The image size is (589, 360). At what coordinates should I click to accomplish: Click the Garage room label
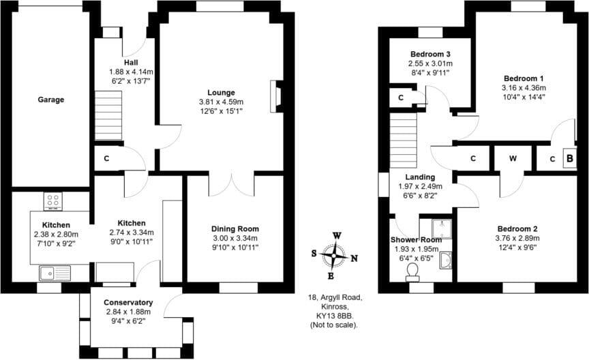[x=50, y=100]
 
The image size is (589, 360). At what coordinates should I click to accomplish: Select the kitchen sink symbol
[x=55, y=274]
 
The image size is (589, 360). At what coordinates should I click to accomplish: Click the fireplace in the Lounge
[x=277, y=96]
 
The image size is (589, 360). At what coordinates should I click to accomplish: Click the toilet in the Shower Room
[x=412, y=272]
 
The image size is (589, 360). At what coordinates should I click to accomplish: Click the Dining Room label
[x=235, y=229]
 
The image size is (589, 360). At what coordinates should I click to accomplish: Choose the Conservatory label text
[x=128, y=303]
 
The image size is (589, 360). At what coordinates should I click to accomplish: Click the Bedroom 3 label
[x=431, y=54]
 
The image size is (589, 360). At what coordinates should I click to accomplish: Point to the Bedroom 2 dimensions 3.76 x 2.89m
[x=517, y=239]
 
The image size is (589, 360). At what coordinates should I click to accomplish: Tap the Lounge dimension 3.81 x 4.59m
[x=222, y=102]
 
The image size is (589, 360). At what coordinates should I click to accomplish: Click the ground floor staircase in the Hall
[x=107, y=117]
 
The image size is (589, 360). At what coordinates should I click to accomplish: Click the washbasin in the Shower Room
[x=446, y=260]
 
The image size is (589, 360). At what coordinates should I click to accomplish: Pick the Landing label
[x=420, y=177]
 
